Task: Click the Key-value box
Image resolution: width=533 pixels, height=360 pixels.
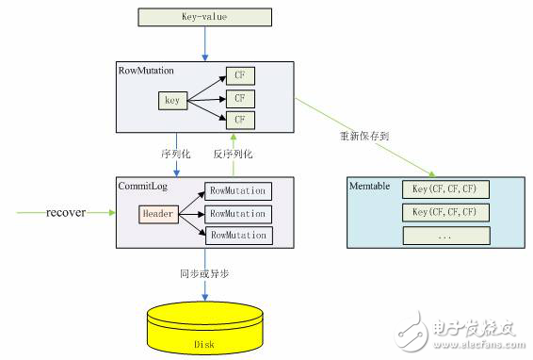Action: (202, 16)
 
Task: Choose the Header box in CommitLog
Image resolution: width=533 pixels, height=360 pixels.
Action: (158, 213)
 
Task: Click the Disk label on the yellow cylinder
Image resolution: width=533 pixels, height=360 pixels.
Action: (202, 342)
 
